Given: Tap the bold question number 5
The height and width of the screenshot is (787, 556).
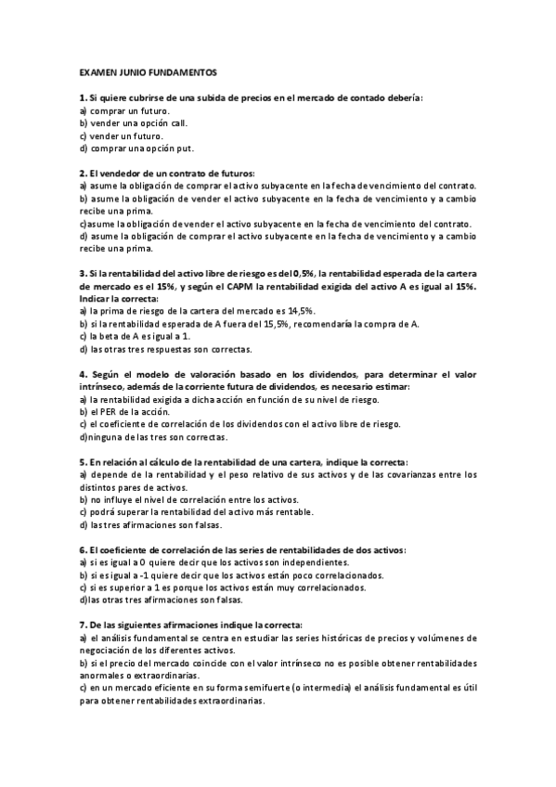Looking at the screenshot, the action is [83, 462].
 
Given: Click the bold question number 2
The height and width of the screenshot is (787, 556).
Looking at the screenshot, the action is [83, 174].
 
